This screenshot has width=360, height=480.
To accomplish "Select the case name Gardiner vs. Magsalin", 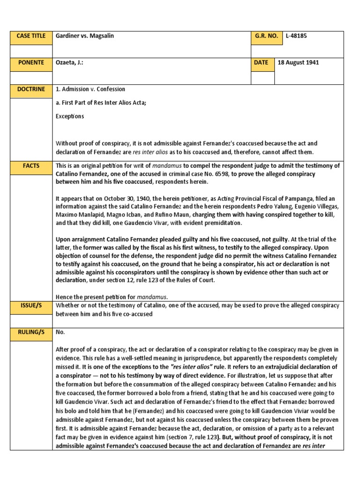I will [86, 36].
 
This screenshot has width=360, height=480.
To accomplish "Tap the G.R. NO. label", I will [266, 36].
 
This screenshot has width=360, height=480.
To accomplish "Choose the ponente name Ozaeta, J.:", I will [69, 63].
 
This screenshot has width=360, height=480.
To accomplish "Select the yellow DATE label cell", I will [262, 63].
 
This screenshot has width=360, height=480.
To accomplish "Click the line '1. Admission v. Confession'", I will [90, 90].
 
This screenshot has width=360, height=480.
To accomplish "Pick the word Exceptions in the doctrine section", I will [70, 116].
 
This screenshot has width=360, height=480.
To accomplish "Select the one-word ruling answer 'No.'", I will [60, 332].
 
